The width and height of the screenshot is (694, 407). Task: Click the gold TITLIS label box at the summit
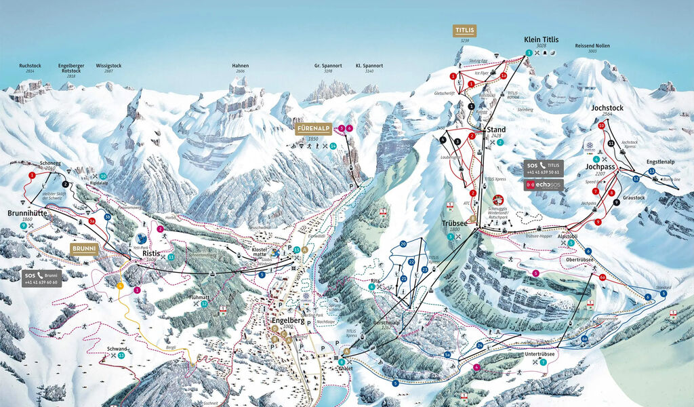pos(465,31)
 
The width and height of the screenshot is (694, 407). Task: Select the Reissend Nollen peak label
pos(586,45)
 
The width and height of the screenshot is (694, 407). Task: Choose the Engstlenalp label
pos(660,163)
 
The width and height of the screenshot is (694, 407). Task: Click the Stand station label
pos(497,129)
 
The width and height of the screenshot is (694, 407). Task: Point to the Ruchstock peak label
pos(30,66)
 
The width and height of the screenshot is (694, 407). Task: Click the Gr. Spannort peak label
pos(327,66)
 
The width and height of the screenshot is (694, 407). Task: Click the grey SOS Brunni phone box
pos(41,277)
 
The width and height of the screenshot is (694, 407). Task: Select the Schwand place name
pos(117,349)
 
